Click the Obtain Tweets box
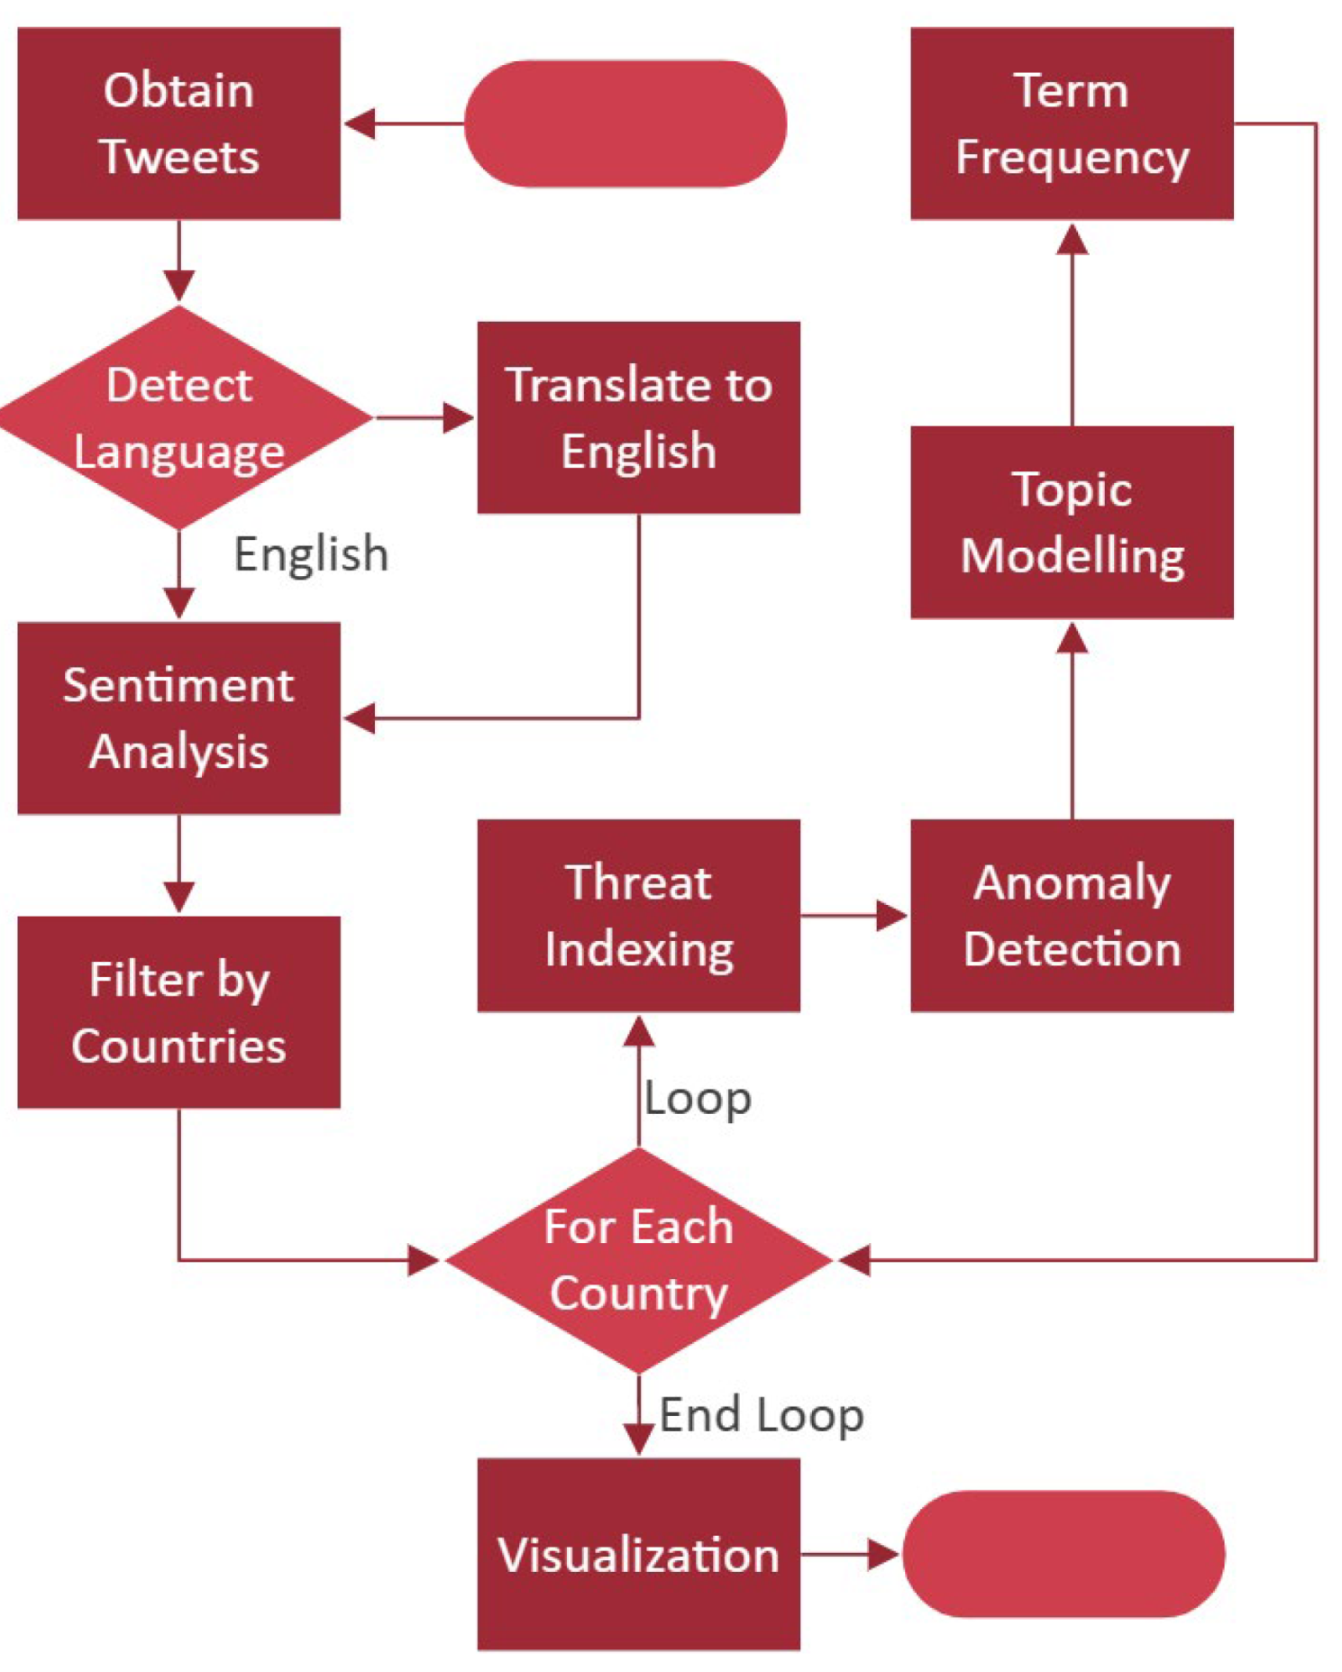[x=178, y=123]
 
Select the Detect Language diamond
[x=180, y=417]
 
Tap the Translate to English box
[x=638, y=417]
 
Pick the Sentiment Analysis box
[x=178, y=717]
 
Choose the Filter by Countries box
[x=178, y=1011]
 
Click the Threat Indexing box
[x=638, y=915]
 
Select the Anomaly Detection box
[x=1072, y=915]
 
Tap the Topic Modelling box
[x=1072, y=522]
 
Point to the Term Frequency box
[x=1072, y=123]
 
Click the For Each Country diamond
[x=638, y=1259]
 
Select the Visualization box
[x=638, y=1554]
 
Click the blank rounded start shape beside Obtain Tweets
[x=625, y=123]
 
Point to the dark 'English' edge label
[x=311, y=553]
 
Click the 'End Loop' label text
[x=762, y=1414]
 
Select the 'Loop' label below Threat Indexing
[x=698, y=1098]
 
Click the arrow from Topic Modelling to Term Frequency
[x=1072, y=324]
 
